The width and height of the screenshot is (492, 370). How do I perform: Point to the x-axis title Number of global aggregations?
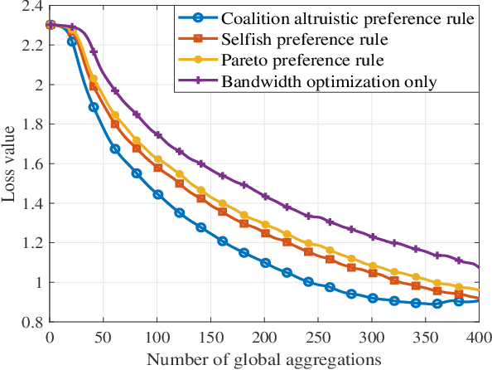point(264,360)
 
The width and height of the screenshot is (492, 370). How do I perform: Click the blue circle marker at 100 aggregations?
point(157,194)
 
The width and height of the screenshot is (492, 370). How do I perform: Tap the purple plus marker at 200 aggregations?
point(265,197)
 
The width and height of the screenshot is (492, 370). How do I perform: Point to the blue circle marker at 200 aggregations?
point(265,263)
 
